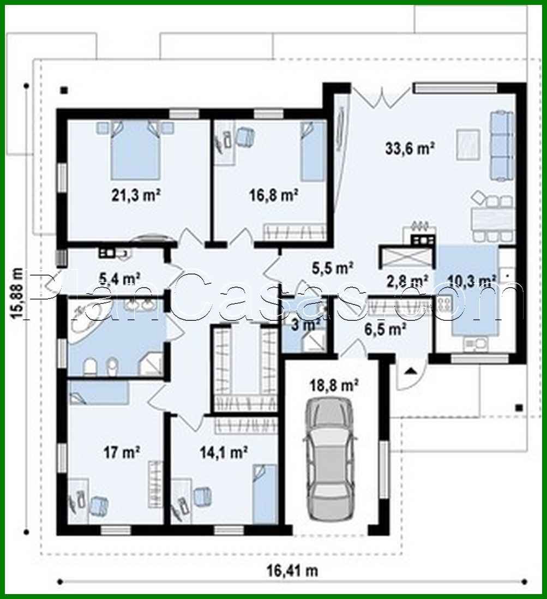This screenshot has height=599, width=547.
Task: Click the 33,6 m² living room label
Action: click(409, 148)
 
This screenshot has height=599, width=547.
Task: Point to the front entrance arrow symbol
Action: click(410, 372)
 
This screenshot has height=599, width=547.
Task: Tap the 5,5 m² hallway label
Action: click(333, 268)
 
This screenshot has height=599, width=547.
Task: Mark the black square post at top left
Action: click(64, 90)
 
